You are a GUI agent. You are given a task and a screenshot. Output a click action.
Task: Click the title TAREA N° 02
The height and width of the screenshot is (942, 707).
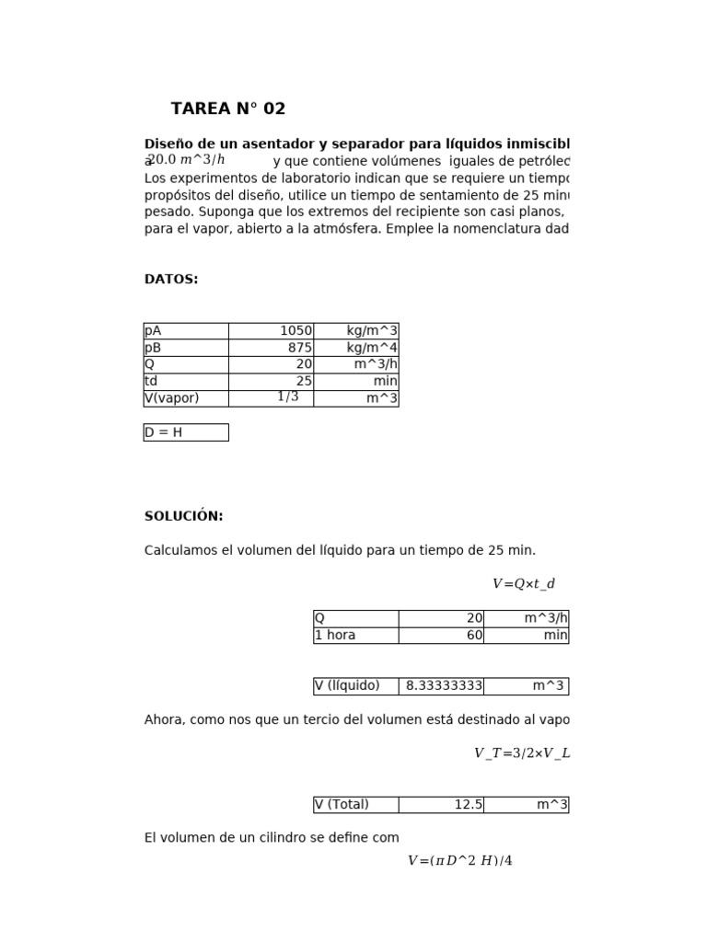click(x=228, y=109)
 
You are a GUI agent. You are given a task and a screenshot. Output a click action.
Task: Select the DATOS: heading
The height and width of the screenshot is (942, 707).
click(x=171, y=280)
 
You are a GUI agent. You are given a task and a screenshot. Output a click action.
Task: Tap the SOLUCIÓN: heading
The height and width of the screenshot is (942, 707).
click(x=183, y=516)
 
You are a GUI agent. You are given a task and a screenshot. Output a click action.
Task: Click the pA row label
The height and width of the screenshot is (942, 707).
click(x=185, y=331)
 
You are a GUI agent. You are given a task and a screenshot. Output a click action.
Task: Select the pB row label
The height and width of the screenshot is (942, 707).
click(x=185, y=348)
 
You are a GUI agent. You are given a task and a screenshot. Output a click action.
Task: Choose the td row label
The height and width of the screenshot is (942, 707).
click(x=185, y=381)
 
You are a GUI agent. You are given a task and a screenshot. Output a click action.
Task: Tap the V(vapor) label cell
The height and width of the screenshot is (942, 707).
click(x=185, y=398)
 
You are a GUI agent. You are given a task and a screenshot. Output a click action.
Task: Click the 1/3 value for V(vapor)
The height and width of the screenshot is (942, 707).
click(x=288, y=396)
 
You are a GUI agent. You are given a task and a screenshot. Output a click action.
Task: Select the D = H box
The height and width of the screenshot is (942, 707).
click(x=185, y=432)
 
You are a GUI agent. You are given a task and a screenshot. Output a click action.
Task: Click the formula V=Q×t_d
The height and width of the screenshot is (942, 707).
click(x=524, y=583)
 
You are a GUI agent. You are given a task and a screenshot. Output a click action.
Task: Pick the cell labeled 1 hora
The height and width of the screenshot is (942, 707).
click(x=355, y=635)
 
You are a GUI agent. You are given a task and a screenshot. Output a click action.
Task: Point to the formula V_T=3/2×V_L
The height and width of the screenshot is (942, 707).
click(x=522, y=752)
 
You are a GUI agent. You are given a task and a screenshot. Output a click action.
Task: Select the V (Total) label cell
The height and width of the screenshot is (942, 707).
click(x=355, y=804)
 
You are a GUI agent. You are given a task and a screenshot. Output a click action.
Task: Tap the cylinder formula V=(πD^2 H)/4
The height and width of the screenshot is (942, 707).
click(x=459, y=861)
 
